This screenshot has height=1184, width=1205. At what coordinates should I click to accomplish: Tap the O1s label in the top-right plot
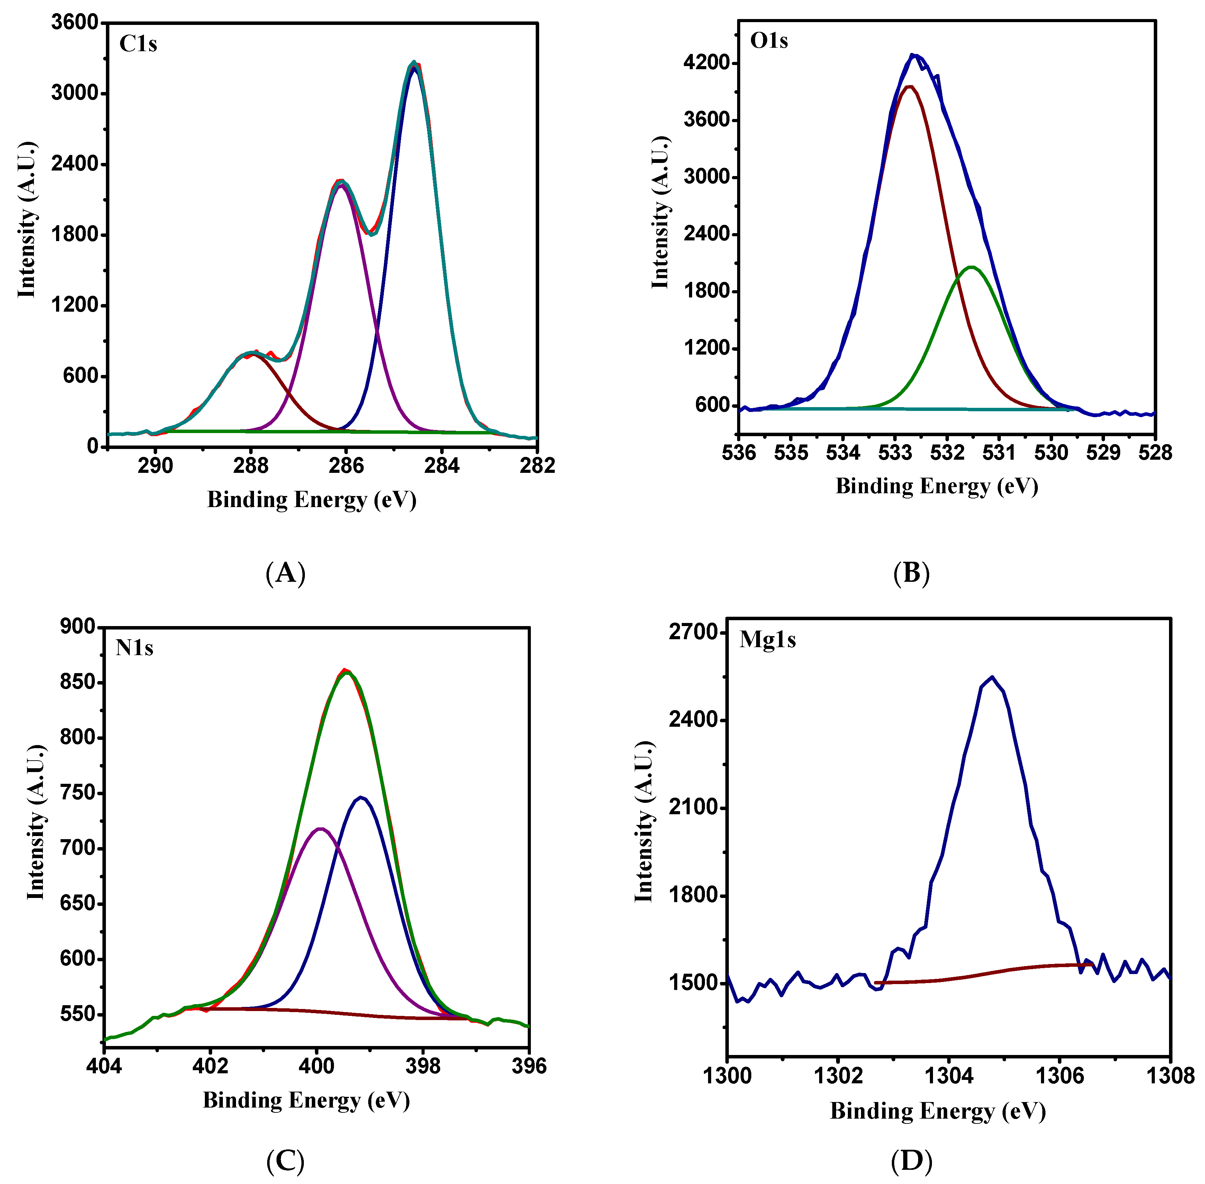(x=769, y=41)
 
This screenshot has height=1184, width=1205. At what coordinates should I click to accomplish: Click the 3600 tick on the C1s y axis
(x=75, y=23)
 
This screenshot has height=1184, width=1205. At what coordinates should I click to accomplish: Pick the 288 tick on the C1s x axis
(x=251, y=465)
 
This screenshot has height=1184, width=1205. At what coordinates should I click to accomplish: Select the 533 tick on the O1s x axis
(x=895, y=453)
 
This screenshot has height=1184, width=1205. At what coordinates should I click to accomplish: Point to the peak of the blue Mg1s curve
(x=991, y=677)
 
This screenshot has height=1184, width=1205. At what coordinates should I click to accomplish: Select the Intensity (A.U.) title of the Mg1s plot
(x=644, y=823)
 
